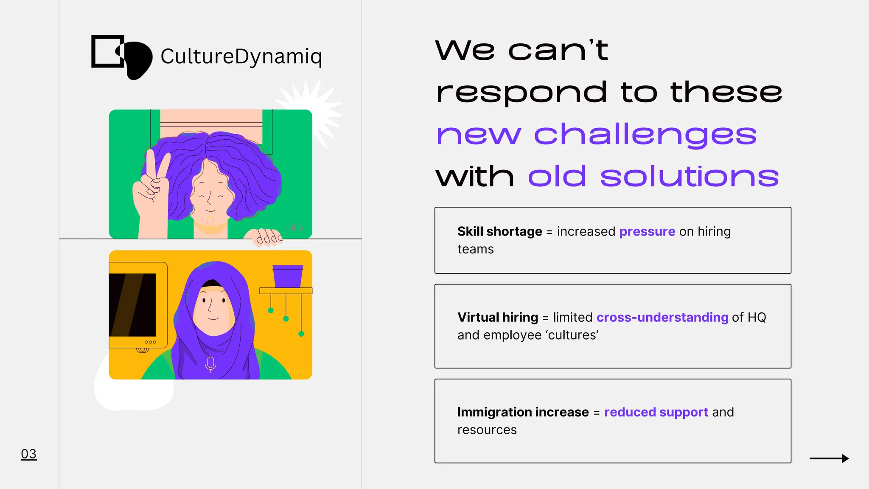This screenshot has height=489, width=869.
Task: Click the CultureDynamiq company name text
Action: click(241, 57)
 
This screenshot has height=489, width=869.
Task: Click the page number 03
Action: click(28, 454)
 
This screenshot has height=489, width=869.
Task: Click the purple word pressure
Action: click(647, 232)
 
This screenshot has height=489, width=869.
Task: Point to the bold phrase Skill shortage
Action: click(499, 232)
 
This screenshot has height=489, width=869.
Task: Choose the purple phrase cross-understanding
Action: click(662, 318)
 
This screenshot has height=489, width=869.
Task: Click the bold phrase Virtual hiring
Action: click(497, 318)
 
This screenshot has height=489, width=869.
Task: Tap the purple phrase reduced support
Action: click(656, 412)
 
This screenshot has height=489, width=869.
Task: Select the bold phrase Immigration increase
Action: click(523, 412)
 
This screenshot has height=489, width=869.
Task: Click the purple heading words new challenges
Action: click(596, 135)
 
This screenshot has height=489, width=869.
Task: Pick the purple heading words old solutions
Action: click(653, 177)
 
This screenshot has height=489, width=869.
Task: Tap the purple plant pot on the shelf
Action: click(288, 276)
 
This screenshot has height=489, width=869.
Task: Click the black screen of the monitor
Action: click(132, 304)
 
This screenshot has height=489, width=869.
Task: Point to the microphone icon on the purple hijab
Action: click(210, 364)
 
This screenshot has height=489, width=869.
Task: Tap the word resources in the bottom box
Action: click(487, 430)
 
